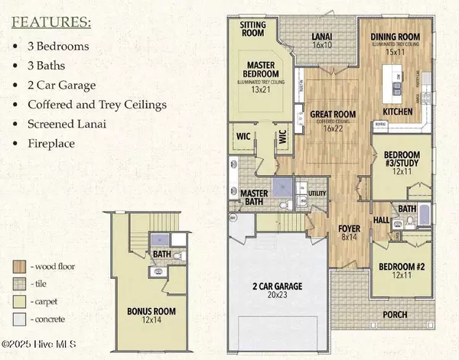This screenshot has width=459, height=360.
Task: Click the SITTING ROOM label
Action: pyautogui.click(x=252, y=29)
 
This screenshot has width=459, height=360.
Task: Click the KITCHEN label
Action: pyautogui.click(x=397, y=112)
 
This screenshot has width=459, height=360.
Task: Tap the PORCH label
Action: pyautogui.click(x=396, y=314)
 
